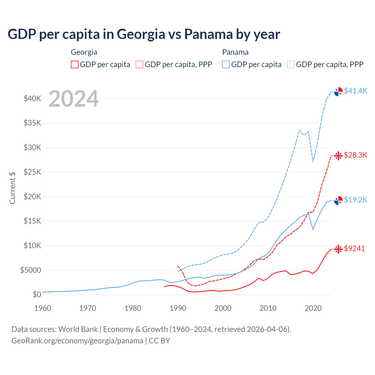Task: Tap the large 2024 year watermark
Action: click(74, 99)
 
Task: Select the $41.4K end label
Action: click(355, 91)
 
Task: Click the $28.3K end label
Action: click(355, 155)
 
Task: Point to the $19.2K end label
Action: click(355, 200)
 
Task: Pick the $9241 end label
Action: click(354, 248)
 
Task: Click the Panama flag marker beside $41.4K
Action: click(338, 91)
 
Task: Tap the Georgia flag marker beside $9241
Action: click(338, 249)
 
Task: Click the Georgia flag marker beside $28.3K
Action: click(338, 156)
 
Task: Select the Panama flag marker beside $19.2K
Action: click(338, 200)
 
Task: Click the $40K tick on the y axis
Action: click(32, 98)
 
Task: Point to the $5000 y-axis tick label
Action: click(30, 270)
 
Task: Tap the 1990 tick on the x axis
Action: click(178, 308)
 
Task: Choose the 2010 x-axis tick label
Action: click(268, 308)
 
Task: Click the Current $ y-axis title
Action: click(12, 188)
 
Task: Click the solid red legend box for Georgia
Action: click(75, 64)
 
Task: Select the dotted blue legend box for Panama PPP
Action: click(291, 64)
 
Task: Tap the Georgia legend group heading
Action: click(84, 52)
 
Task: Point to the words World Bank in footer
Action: click(78, 329)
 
